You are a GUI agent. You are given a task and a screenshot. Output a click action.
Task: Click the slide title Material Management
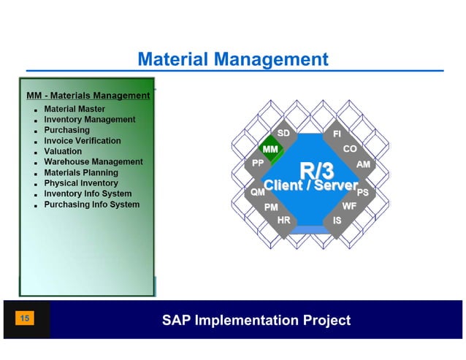tap(233, 58)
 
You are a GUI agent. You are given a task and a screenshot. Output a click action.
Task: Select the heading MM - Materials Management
tap(88, 95)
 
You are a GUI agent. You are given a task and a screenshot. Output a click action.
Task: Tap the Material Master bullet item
tap(75, 109)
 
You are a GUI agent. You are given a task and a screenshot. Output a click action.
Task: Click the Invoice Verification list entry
tap(83, 140)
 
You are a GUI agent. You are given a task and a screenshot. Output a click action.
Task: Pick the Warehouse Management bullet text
tap(93, 161)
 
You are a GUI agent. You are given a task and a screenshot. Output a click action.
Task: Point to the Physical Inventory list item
tap(80, 183)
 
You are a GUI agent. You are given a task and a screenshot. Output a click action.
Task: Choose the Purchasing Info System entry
tap(91, 204)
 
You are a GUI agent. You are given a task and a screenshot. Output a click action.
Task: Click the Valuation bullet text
tap(63, 151)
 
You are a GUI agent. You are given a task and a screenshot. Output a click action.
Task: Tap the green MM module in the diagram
tap(270, 150)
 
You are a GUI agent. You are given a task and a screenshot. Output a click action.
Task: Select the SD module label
tap(284, 134)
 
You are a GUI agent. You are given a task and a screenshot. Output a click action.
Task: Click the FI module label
tap(337, 134)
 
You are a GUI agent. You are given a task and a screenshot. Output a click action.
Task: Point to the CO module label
tap(350, 149)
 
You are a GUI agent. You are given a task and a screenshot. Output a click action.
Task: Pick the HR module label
tap(284, 220)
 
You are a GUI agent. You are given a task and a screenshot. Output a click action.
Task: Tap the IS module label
tap(337, 220)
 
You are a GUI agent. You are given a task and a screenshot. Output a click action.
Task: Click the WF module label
tap(349, 207)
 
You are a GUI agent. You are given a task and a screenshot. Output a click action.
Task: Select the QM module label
tap(257, 191)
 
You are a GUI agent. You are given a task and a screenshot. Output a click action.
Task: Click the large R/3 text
tap(317, 171)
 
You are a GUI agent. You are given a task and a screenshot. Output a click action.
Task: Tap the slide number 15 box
tap(25, 318)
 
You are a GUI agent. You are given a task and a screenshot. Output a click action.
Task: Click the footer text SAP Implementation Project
tap(256, 320)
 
